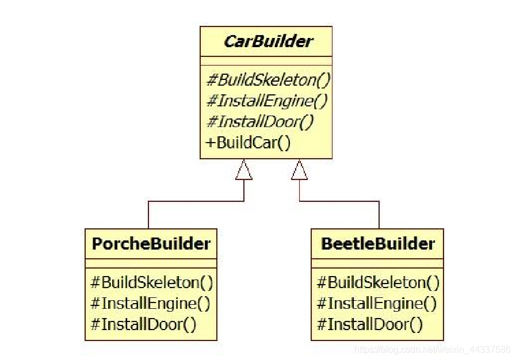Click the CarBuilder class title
(x=268, y=41)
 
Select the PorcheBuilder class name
(x=151, y=243)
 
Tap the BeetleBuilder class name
(x=377, y=243)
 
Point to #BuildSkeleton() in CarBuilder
(x=268, y=80)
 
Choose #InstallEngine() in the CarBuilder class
(x=266, y=101)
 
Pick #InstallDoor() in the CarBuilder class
(x=259, y=122)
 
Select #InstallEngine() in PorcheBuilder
(x=150, y=303)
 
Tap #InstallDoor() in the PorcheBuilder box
(x=143, y=324)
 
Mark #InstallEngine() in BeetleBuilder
(x=377, y=303)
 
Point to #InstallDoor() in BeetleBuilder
(x=370, y=324)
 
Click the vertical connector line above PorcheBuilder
(x=148, y=215)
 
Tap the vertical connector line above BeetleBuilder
(x=379, y=215)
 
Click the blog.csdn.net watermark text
(x=432, y=350)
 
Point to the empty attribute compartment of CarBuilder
(x=266, y=60)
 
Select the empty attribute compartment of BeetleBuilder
(x=377, y=263)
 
